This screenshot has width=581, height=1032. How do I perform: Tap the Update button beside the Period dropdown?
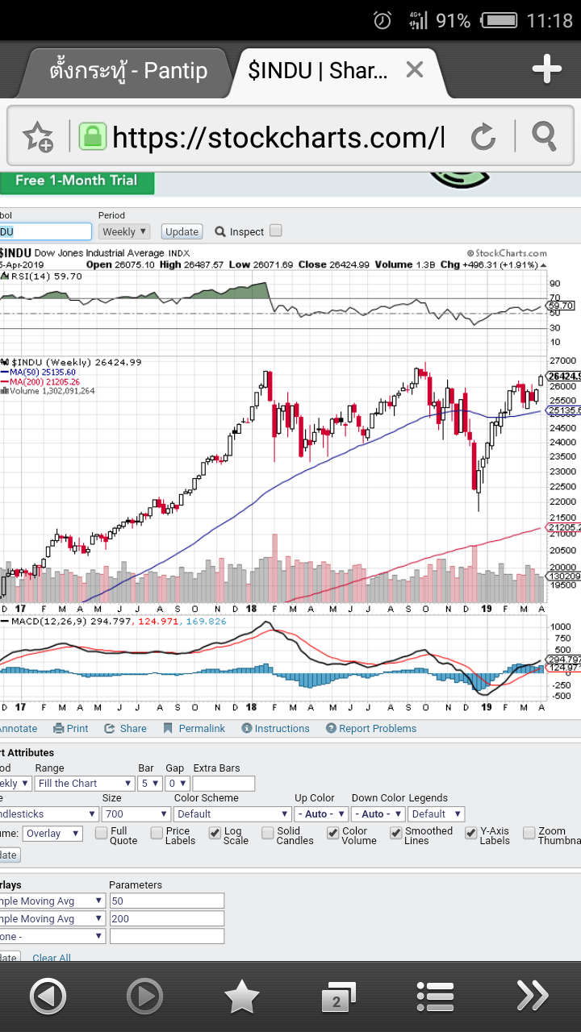pos(182,231)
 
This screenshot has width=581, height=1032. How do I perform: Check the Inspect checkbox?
pos(276,231)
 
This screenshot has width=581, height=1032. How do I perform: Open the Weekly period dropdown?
pos(125,231)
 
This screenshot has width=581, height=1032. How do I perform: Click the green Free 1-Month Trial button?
pos(77,181)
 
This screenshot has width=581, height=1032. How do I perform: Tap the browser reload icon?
pos(483,137)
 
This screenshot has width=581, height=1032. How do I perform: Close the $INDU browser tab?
pos(414,70)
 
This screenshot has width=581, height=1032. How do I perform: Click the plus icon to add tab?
pos(546,70)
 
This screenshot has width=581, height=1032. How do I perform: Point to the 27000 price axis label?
pos(562,360)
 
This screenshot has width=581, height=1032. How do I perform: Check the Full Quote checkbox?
pos(102,833)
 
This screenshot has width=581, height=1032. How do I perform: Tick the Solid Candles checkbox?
pos(268,833)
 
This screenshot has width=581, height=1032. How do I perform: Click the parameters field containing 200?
pos(166,918)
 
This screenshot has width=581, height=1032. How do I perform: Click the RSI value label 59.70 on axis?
pos(561,306)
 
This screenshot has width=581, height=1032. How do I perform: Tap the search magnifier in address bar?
pos(545,137)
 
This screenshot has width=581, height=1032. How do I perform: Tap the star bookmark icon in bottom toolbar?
pos(241,998)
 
